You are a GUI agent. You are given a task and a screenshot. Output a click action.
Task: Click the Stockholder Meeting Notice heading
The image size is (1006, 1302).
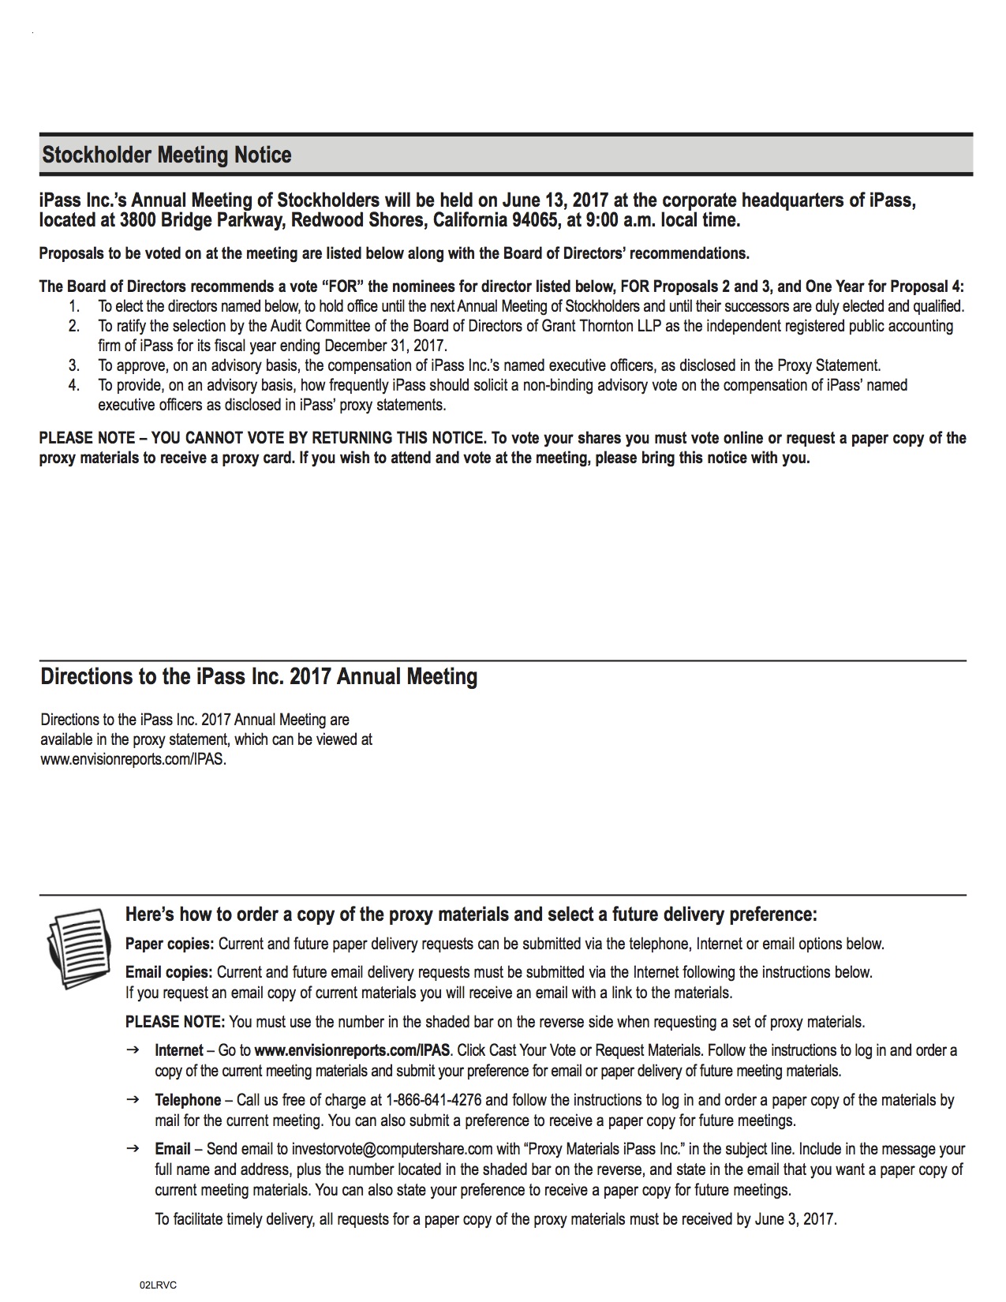point(166,155)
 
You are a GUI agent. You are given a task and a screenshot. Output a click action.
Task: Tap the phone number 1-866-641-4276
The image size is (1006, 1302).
point(435,1100)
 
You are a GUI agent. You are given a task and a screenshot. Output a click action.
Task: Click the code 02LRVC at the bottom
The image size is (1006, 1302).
point(158,1285)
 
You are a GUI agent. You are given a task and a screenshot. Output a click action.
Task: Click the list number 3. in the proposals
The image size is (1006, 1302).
point(74,365)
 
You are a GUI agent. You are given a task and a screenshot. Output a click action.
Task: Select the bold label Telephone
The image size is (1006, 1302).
point(188,1100)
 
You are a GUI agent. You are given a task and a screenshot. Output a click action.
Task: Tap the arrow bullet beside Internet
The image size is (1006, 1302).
point(133,1050)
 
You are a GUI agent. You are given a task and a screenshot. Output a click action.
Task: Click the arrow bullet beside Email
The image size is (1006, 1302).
point(133,1149)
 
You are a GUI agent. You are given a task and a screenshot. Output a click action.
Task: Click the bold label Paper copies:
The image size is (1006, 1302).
point(170,944)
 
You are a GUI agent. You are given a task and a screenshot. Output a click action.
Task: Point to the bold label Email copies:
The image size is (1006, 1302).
point(169,972)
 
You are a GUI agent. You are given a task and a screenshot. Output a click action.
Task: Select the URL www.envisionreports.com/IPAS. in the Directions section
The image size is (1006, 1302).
point(133,761)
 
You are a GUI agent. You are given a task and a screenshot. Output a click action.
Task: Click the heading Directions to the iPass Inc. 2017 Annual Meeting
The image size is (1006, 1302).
point(259,677)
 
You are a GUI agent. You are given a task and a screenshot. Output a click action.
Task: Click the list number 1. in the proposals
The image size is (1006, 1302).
point(74,306)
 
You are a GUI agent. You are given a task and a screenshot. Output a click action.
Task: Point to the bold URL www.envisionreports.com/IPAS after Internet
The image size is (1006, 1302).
point(353,1050)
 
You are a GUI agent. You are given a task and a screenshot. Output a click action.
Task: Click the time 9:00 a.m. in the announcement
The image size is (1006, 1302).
point(619,220)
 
